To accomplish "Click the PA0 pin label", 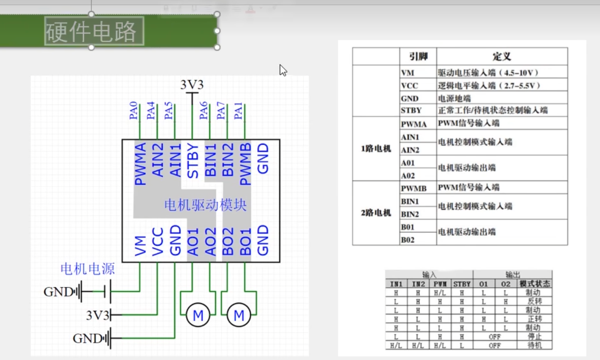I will [x=134, y=111].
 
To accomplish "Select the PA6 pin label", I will [x=204, y=111].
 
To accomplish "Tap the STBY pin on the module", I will [x=193, y=161].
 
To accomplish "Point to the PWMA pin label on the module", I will [x=141, y=164].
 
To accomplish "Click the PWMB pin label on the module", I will [x=245, y=164].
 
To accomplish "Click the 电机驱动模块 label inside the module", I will [x=205, y=206].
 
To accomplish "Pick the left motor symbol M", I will [x=198, y=315].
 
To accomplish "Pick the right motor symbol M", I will [x=239, y=315].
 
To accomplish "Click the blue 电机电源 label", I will [x=88, y=269].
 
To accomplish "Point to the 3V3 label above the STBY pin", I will [x=192, y=85].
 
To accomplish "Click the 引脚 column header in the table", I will [x=418, y=56].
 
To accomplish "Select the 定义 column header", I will [x=502, y=56].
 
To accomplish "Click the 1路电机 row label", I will [x=376, y=149].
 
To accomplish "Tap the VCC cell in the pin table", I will [x=409, y=85].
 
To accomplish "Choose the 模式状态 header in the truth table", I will [x=535, y=284].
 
